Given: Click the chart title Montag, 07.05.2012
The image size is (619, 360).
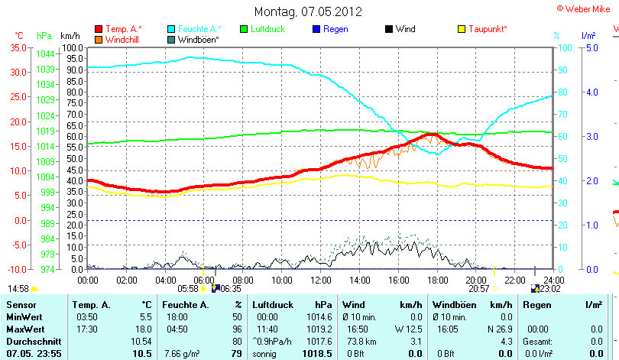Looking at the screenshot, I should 309,11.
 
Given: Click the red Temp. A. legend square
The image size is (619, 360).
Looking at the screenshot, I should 99,29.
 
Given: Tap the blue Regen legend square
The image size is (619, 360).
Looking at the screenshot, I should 317,29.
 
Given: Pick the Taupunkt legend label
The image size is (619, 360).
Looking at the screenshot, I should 488,29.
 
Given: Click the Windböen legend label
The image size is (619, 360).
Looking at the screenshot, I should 199,39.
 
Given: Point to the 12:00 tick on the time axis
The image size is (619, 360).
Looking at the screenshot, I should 320,280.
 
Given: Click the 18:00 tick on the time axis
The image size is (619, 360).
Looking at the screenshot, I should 437,280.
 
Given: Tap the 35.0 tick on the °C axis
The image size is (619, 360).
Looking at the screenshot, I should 17,47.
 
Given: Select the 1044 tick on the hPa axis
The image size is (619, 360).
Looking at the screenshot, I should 46,54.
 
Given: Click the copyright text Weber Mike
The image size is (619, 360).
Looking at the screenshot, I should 585,8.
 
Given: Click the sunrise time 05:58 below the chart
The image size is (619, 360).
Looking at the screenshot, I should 187,289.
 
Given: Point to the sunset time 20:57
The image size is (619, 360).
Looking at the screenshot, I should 478,289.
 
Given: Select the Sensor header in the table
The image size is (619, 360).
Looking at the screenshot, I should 21,305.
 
